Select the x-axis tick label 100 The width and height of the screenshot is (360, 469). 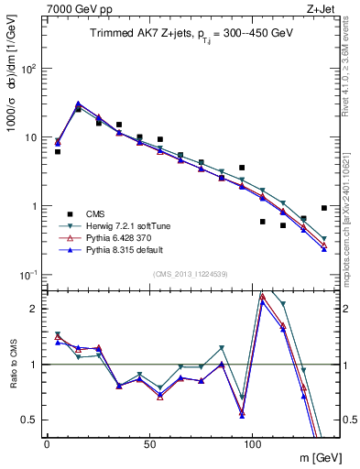(241, 443)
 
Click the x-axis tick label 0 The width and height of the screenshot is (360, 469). (47, 443)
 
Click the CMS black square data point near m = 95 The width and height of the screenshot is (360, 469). (242, 168)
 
